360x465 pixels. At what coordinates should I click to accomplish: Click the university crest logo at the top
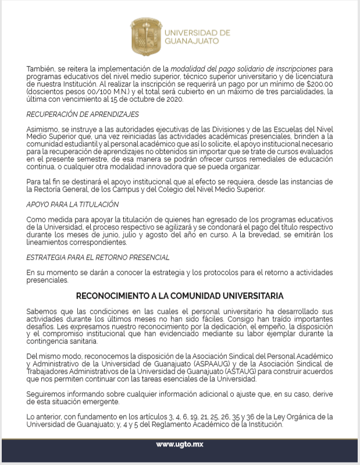pos(145,36)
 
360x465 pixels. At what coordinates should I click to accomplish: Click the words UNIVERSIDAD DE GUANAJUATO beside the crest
pos(193,37)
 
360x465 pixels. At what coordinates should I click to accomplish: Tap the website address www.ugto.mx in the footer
pos(179,445)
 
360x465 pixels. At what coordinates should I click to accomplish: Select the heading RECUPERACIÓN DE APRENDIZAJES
pos(83,114)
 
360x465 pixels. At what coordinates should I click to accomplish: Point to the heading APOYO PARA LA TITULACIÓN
pos(73,205)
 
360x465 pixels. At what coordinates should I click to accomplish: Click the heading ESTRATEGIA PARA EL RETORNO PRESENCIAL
pos(98,257)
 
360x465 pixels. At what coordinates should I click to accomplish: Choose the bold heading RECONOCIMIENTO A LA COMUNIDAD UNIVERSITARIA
pos(180,296)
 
